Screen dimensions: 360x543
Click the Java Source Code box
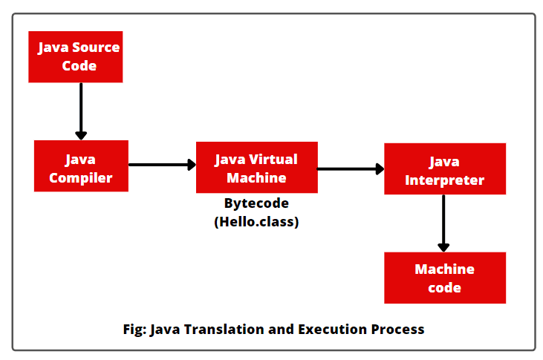point(75,56)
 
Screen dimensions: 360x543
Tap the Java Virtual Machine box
point(256,168)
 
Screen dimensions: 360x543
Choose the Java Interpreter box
point(444,169)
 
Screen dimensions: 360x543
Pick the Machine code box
point(444,278)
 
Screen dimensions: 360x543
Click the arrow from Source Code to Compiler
point(81,111)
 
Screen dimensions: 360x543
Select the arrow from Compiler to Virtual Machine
point(162,165)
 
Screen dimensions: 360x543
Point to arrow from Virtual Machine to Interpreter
point(350,169)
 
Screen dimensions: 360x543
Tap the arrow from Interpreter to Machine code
point(443,223)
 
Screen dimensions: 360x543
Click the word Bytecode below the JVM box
point(256,203)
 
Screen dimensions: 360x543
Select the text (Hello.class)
point(256,221)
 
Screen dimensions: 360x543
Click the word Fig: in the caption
point(134,329)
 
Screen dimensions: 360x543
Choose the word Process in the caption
point(399,329)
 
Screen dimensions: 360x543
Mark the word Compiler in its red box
point(81,177)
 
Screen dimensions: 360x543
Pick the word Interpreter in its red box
point(444,180)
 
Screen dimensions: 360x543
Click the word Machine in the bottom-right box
point(444,269)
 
